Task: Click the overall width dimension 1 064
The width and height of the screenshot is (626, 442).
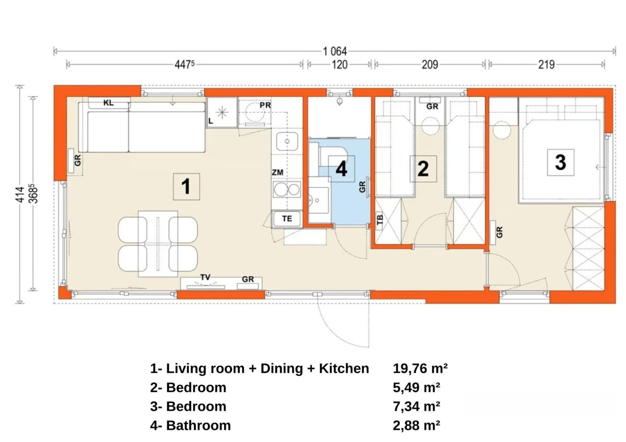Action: click(x=335, y=51)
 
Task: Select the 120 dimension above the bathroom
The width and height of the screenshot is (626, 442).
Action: click(x=340, y=65)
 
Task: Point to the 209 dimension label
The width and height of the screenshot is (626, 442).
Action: click(x=430, y=65)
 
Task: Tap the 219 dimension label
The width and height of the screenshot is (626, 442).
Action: click(x=546, y=65)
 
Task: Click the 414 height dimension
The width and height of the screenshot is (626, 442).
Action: click(x=20, y=194)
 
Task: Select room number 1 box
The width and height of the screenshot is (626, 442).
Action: click(x=186, y=186)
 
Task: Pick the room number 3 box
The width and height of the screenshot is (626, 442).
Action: click(x=561, y=162)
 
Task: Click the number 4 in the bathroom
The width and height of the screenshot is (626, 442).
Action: click(x=342, y=169)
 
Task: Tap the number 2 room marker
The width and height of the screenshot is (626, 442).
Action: click(x=423, y=169)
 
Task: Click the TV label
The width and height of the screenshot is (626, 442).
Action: click(x=205, y=277)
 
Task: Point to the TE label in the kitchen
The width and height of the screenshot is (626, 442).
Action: click(x=287, y=218)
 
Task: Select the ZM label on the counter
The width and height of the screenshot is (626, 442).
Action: click(x=277, y=173)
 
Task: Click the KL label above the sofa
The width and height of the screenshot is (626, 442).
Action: click(x=108, y=103)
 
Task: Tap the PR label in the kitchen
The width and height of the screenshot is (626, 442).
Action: click(x=265, y=105)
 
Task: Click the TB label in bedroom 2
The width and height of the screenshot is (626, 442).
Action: click(x=380, y=219)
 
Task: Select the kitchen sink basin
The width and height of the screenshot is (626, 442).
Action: click(x=287, y=141)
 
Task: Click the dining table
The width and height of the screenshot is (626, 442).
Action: click(x=158, y=244)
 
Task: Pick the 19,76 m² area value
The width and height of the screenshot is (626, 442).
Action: click(x=420, y=369)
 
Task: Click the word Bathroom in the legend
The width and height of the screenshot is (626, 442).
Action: click(x=198, y=426)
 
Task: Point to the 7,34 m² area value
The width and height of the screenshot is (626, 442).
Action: click(x=416, y=406)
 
